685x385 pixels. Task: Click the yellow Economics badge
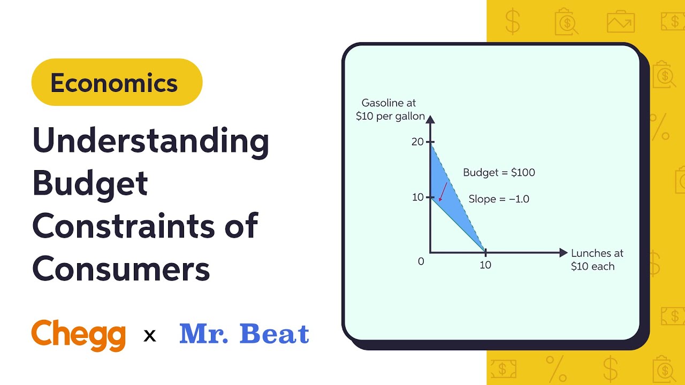(x=117, y=82)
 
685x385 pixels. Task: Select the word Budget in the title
(x=90, y=183)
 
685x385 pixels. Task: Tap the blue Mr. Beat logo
(x=244, y=334)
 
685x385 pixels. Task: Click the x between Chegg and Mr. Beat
(x=150, y=336)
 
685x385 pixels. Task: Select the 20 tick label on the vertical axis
(x=417, y=142)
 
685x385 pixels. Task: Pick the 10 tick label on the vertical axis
(x=417, y=197)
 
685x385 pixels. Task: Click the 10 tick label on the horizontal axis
(x=485, y=265)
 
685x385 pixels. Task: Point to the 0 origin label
(x=421, y=261)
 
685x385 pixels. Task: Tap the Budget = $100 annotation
(x=499, y=172)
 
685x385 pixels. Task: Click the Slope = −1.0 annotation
(x=499, y=199)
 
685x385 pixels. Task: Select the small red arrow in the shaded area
(x=443, y=191)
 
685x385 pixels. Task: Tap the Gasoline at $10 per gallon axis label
(x=390, y=109)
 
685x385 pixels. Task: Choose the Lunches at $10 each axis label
(x=597, y=259)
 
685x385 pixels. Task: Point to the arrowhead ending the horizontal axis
(x=563, y=252)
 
